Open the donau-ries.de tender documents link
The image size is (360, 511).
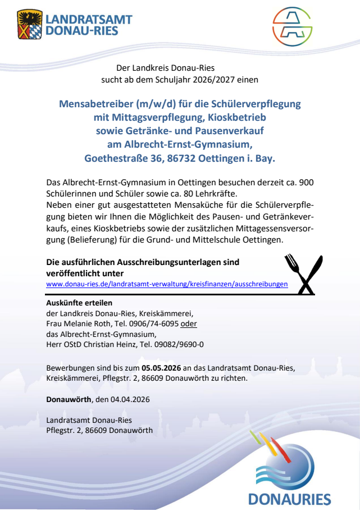(x=167, y=284)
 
